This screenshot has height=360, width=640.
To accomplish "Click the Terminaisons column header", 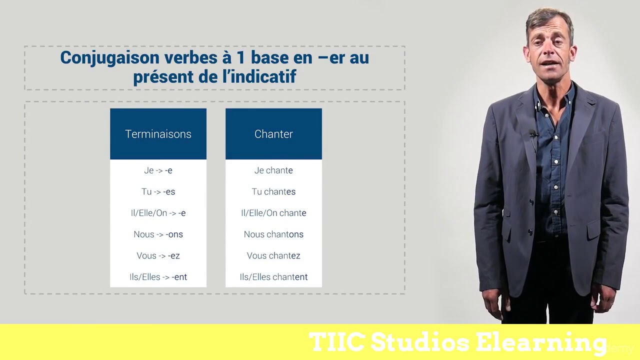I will click(158, 134).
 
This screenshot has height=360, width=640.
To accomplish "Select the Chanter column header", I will click(273, 134).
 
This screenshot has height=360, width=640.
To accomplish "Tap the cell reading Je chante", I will click(273, 170).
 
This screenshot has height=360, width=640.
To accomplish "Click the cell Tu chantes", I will click(273, 192).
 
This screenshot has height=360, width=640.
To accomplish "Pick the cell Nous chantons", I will click(273, 234).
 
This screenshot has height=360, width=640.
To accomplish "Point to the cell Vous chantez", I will click(273, 256).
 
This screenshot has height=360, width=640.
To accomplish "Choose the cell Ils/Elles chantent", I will click(273, 277).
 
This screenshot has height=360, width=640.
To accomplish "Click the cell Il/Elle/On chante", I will click(273, 213).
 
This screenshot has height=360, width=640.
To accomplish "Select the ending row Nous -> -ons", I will click(158, 234).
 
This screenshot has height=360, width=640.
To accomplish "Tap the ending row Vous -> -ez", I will click(158, 256).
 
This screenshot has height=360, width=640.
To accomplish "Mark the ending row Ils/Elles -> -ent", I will click(158, 277).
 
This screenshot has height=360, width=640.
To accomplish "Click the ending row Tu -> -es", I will click(158, 192).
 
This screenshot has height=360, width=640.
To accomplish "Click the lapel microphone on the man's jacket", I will click(533, 134).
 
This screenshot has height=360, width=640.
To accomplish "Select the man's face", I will click(549, 50).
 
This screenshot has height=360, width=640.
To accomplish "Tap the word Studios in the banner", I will click(420, 342).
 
